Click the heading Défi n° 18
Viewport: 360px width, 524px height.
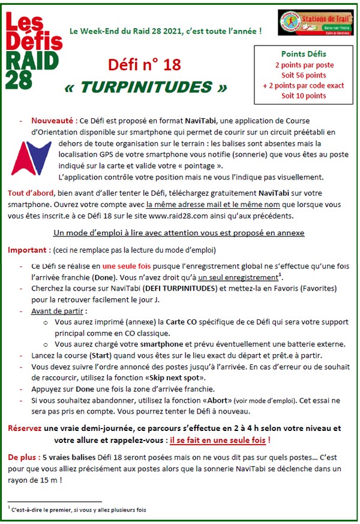point(144,64)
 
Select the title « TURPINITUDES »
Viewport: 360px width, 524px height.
point(146,87)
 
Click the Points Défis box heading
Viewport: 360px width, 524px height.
point(304,53)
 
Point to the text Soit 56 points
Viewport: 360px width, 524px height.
point(304,74)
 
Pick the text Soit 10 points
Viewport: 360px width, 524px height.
point(304,95)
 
